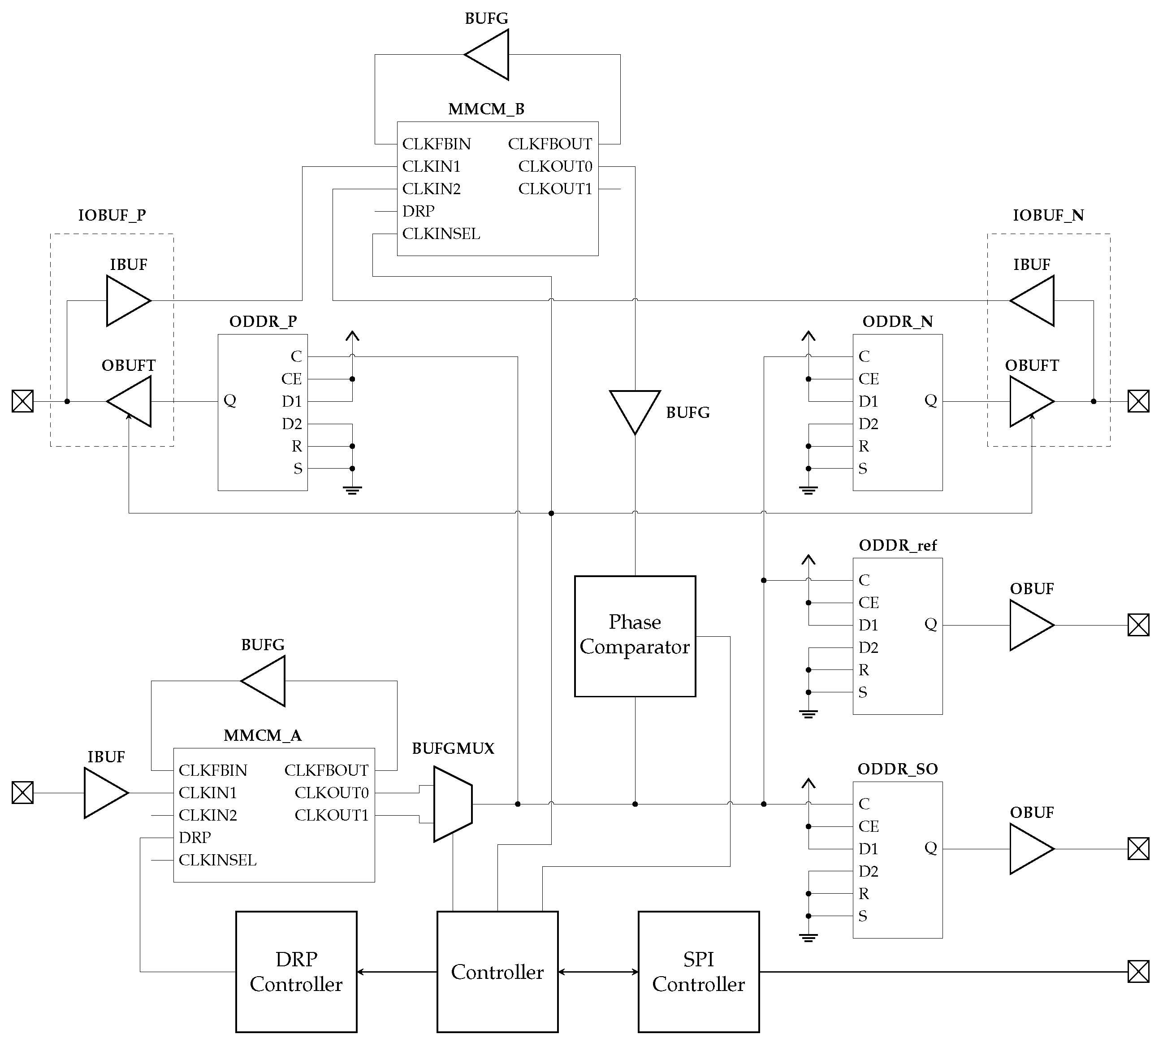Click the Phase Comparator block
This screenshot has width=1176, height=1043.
click(635, 635)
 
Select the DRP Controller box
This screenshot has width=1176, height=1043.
click(296, 971)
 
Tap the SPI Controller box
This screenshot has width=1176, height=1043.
click(698, 971)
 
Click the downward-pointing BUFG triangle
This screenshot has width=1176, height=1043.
click(635, 408)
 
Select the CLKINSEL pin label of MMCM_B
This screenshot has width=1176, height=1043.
click(441, 234)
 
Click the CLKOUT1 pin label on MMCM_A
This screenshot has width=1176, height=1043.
click(331, 815)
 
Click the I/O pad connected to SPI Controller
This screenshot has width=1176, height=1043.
click(1138, 971)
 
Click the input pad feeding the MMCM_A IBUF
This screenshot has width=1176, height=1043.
click(22, 793)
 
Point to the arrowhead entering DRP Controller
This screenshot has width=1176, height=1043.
click(361, 972)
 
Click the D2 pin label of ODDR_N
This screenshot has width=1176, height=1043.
click(868, 424)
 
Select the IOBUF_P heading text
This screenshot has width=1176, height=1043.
click(112, 215)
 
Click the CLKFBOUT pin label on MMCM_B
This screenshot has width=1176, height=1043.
click(549, 144)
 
